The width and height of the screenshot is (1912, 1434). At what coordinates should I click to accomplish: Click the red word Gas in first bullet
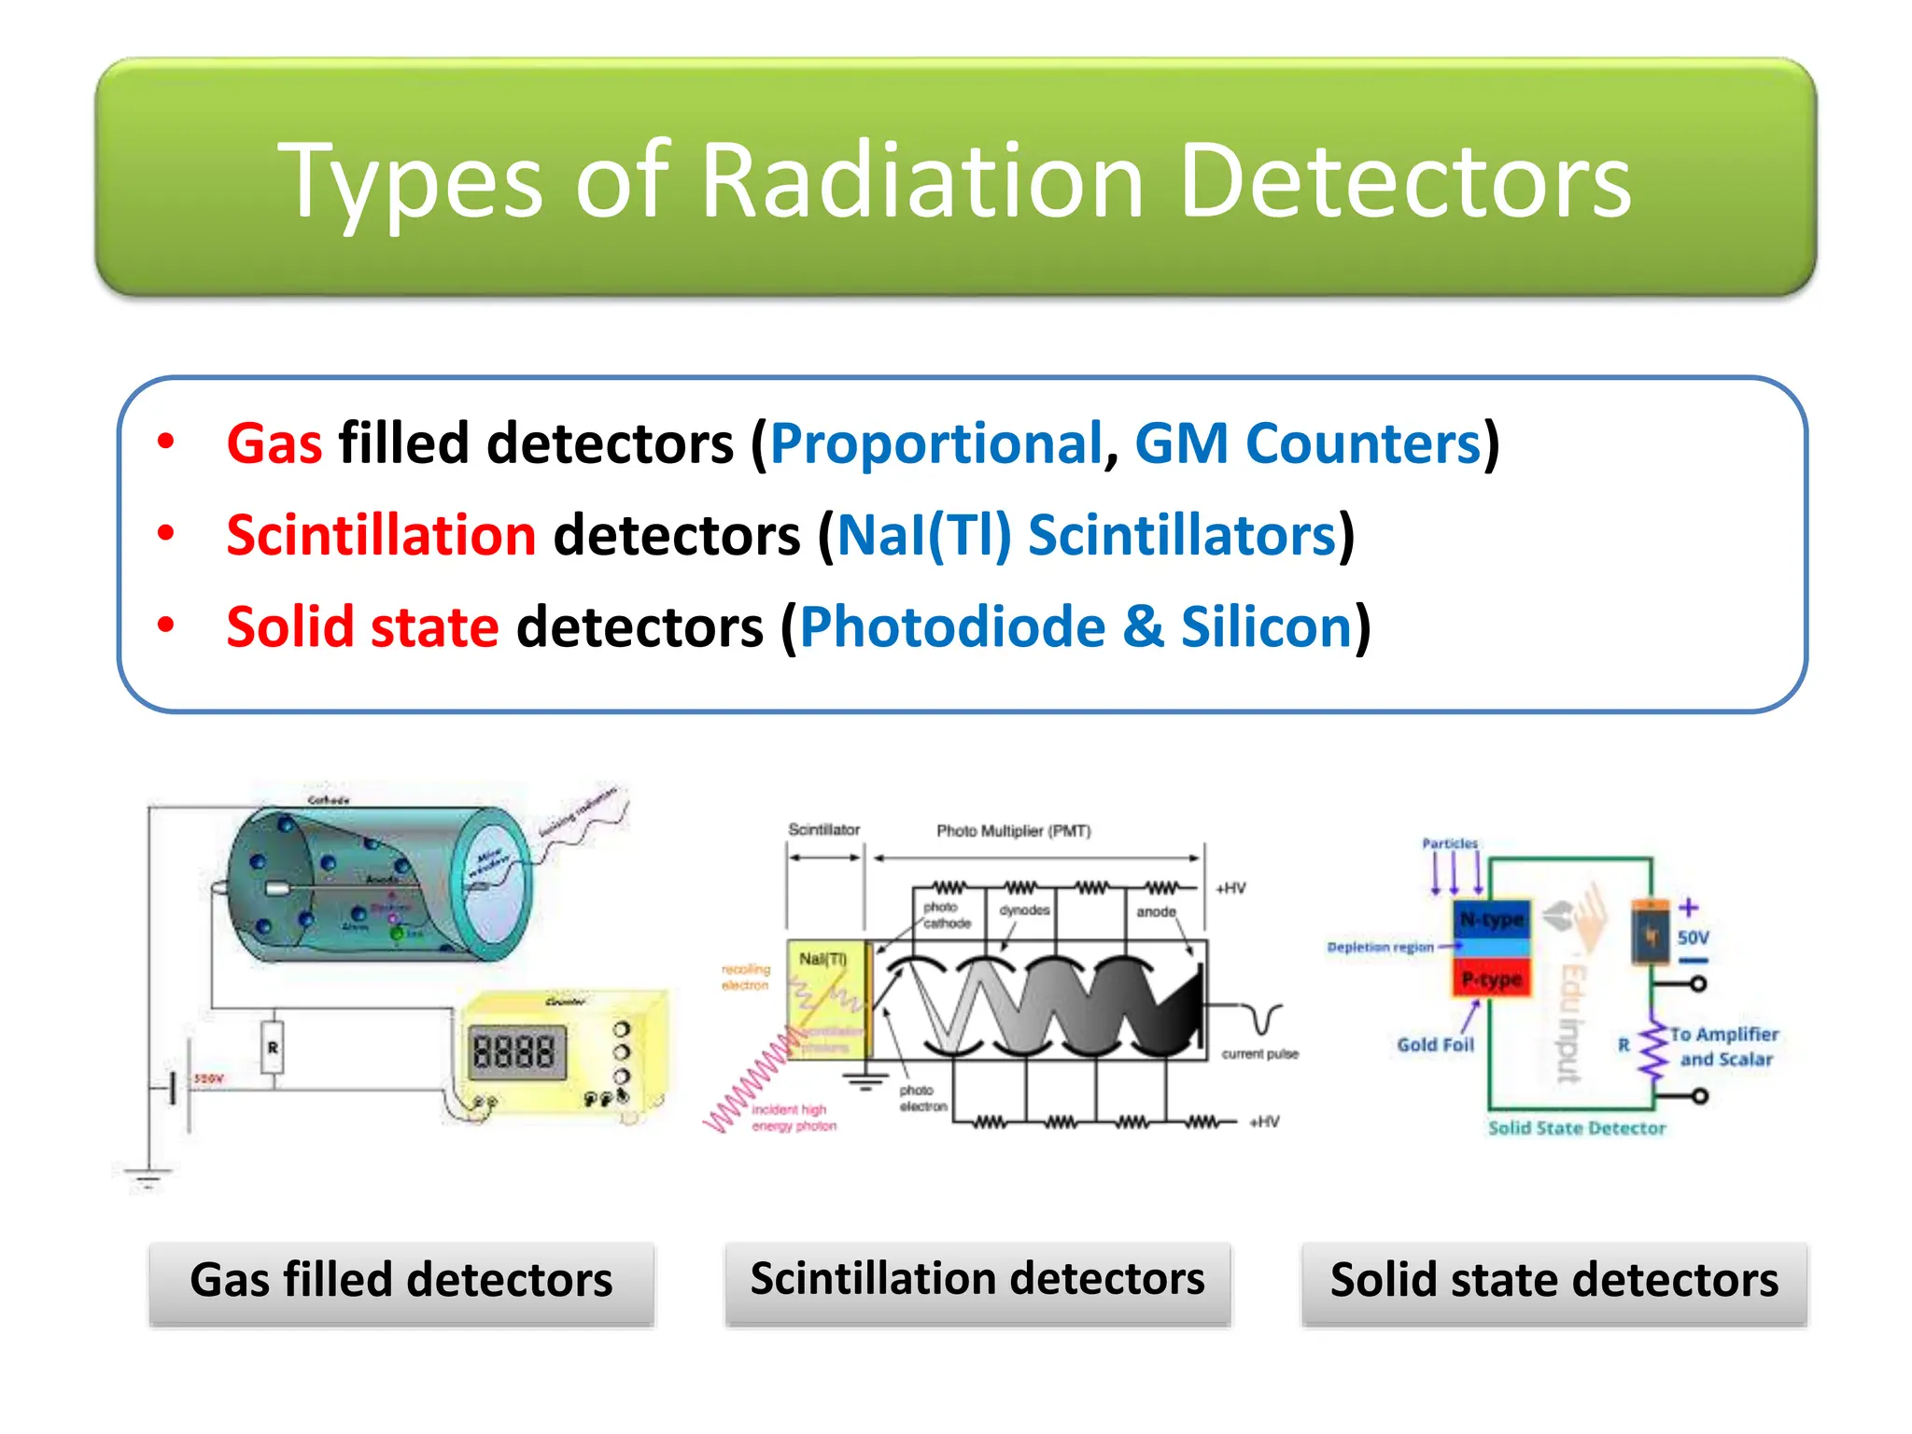[x=274, y=443]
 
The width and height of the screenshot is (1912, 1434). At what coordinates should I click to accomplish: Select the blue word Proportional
[x=936, y=443]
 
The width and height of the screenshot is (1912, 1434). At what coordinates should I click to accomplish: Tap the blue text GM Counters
[x=1307, y=443]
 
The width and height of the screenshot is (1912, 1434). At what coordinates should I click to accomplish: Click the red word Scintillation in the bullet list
[x=381, y=535]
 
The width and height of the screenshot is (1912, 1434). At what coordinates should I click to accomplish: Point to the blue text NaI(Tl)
[x=923, y=535]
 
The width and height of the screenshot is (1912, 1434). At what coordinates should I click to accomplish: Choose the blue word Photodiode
[x=952, y=626]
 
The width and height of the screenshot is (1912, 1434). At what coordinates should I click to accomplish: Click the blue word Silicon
[x=1266, y=626]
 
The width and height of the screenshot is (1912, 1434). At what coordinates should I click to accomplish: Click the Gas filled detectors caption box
[x=401, y=1281]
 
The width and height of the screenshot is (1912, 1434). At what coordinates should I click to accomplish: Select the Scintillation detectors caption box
[x=977, y=1281]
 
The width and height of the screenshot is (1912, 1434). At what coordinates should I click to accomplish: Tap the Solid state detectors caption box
[x=1553, y=1281]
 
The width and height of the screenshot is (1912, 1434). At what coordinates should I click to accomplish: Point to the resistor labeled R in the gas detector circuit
[x=273, y=1047]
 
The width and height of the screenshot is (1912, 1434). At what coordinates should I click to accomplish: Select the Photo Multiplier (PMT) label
[x=1013, y=831]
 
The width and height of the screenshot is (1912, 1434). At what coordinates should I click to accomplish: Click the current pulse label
[x=1259, y=1054]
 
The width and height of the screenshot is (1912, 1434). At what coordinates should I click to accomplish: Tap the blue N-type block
[x=1491, y=921]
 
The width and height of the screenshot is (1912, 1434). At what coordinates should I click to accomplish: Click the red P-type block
[x=1491, y=979]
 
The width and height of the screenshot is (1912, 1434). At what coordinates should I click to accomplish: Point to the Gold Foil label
[x=1435, y=1045]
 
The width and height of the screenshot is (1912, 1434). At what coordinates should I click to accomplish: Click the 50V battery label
[x=1692, y=937]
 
